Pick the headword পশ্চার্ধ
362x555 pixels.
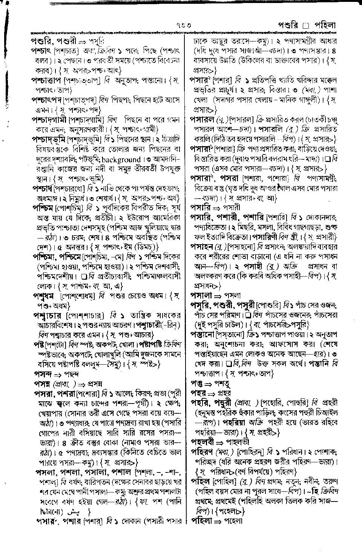43,188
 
